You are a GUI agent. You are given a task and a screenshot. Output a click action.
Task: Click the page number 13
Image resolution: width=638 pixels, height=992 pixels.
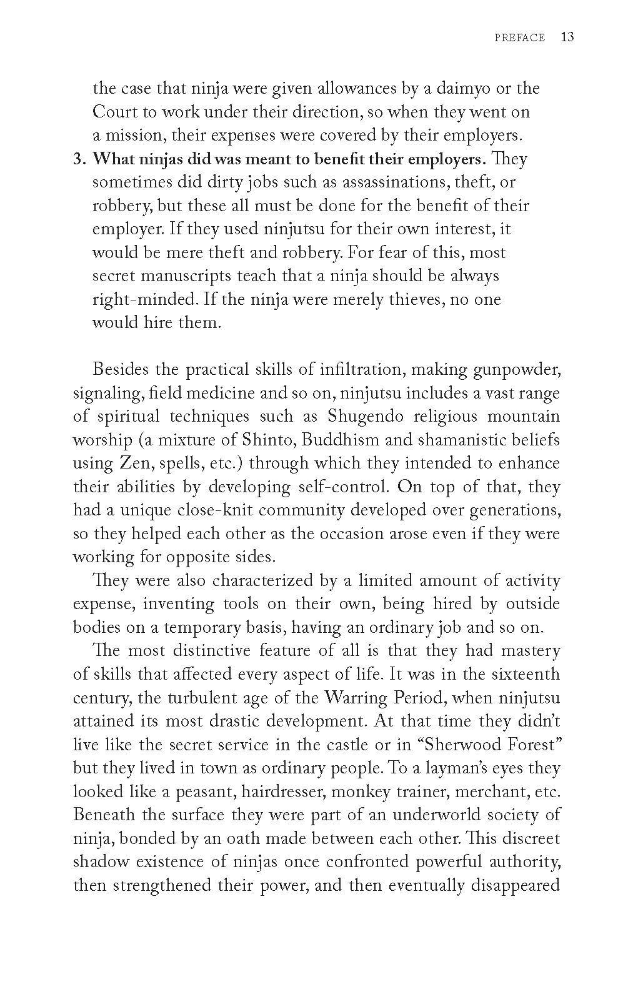567,37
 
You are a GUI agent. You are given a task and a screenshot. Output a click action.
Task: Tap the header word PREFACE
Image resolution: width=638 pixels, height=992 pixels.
519,38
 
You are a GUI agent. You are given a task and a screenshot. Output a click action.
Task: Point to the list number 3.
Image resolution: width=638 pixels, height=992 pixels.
78,159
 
